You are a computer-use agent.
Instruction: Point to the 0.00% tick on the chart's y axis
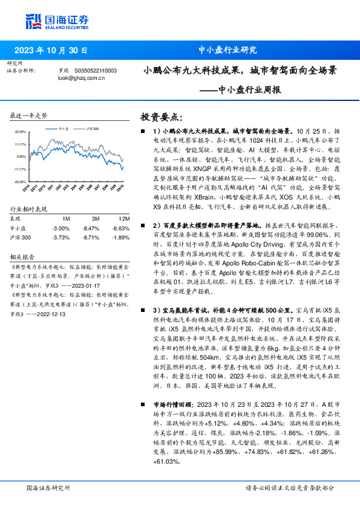pos(22,157)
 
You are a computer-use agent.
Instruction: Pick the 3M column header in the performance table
pos(96,218)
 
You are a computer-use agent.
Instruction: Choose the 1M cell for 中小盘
pos(61,228)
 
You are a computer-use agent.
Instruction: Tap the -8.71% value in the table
pos(91,238)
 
